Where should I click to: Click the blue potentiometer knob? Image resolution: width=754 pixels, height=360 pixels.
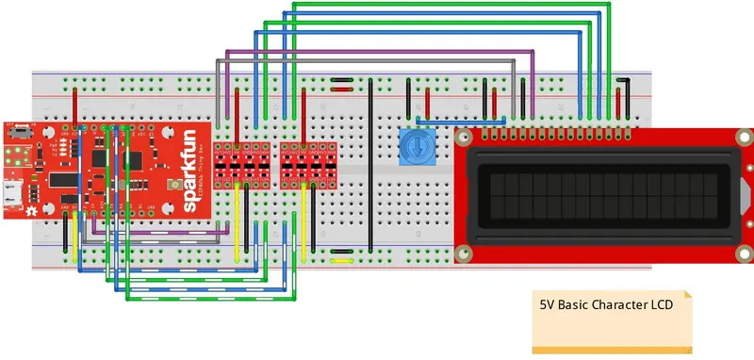coord(412,146)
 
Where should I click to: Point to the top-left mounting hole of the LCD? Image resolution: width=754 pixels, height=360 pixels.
coord(463,138)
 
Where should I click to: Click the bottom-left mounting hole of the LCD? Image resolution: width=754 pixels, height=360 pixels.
coord(463,253)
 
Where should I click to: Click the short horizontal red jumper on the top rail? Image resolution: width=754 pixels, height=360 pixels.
coord(342,90)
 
